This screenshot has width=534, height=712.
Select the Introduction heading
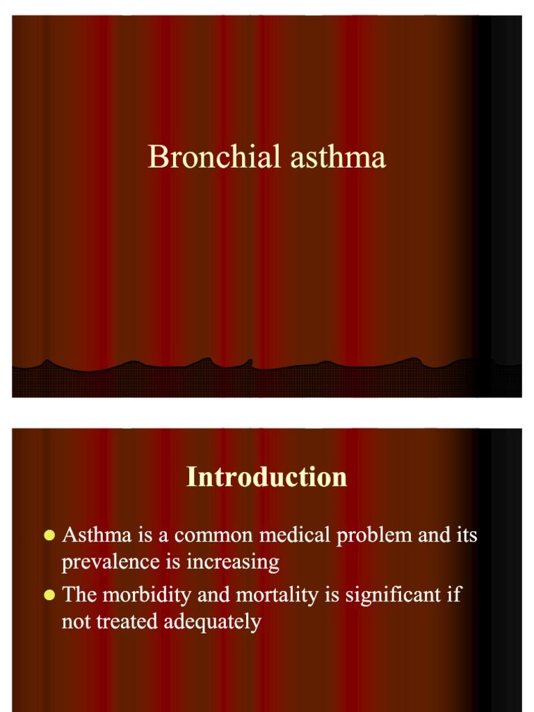coord(267,477)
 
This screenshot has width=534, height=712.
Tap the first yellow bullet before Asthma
coord(49,535)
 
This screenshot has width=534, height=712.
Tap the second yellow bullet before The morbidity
coord(49,595)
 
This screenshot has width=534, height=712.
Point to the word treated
coord(128,621)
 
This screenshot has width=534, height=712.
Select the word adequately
coord(212,621)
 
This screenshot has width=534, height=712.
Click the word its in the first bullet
coord(466,535)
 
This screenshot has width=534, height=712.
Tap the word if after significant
coord(454,595)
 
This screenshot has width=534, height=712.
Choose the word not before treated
coord(76,621)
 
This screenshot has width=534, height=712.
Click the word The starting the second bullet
coord(80,595)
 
